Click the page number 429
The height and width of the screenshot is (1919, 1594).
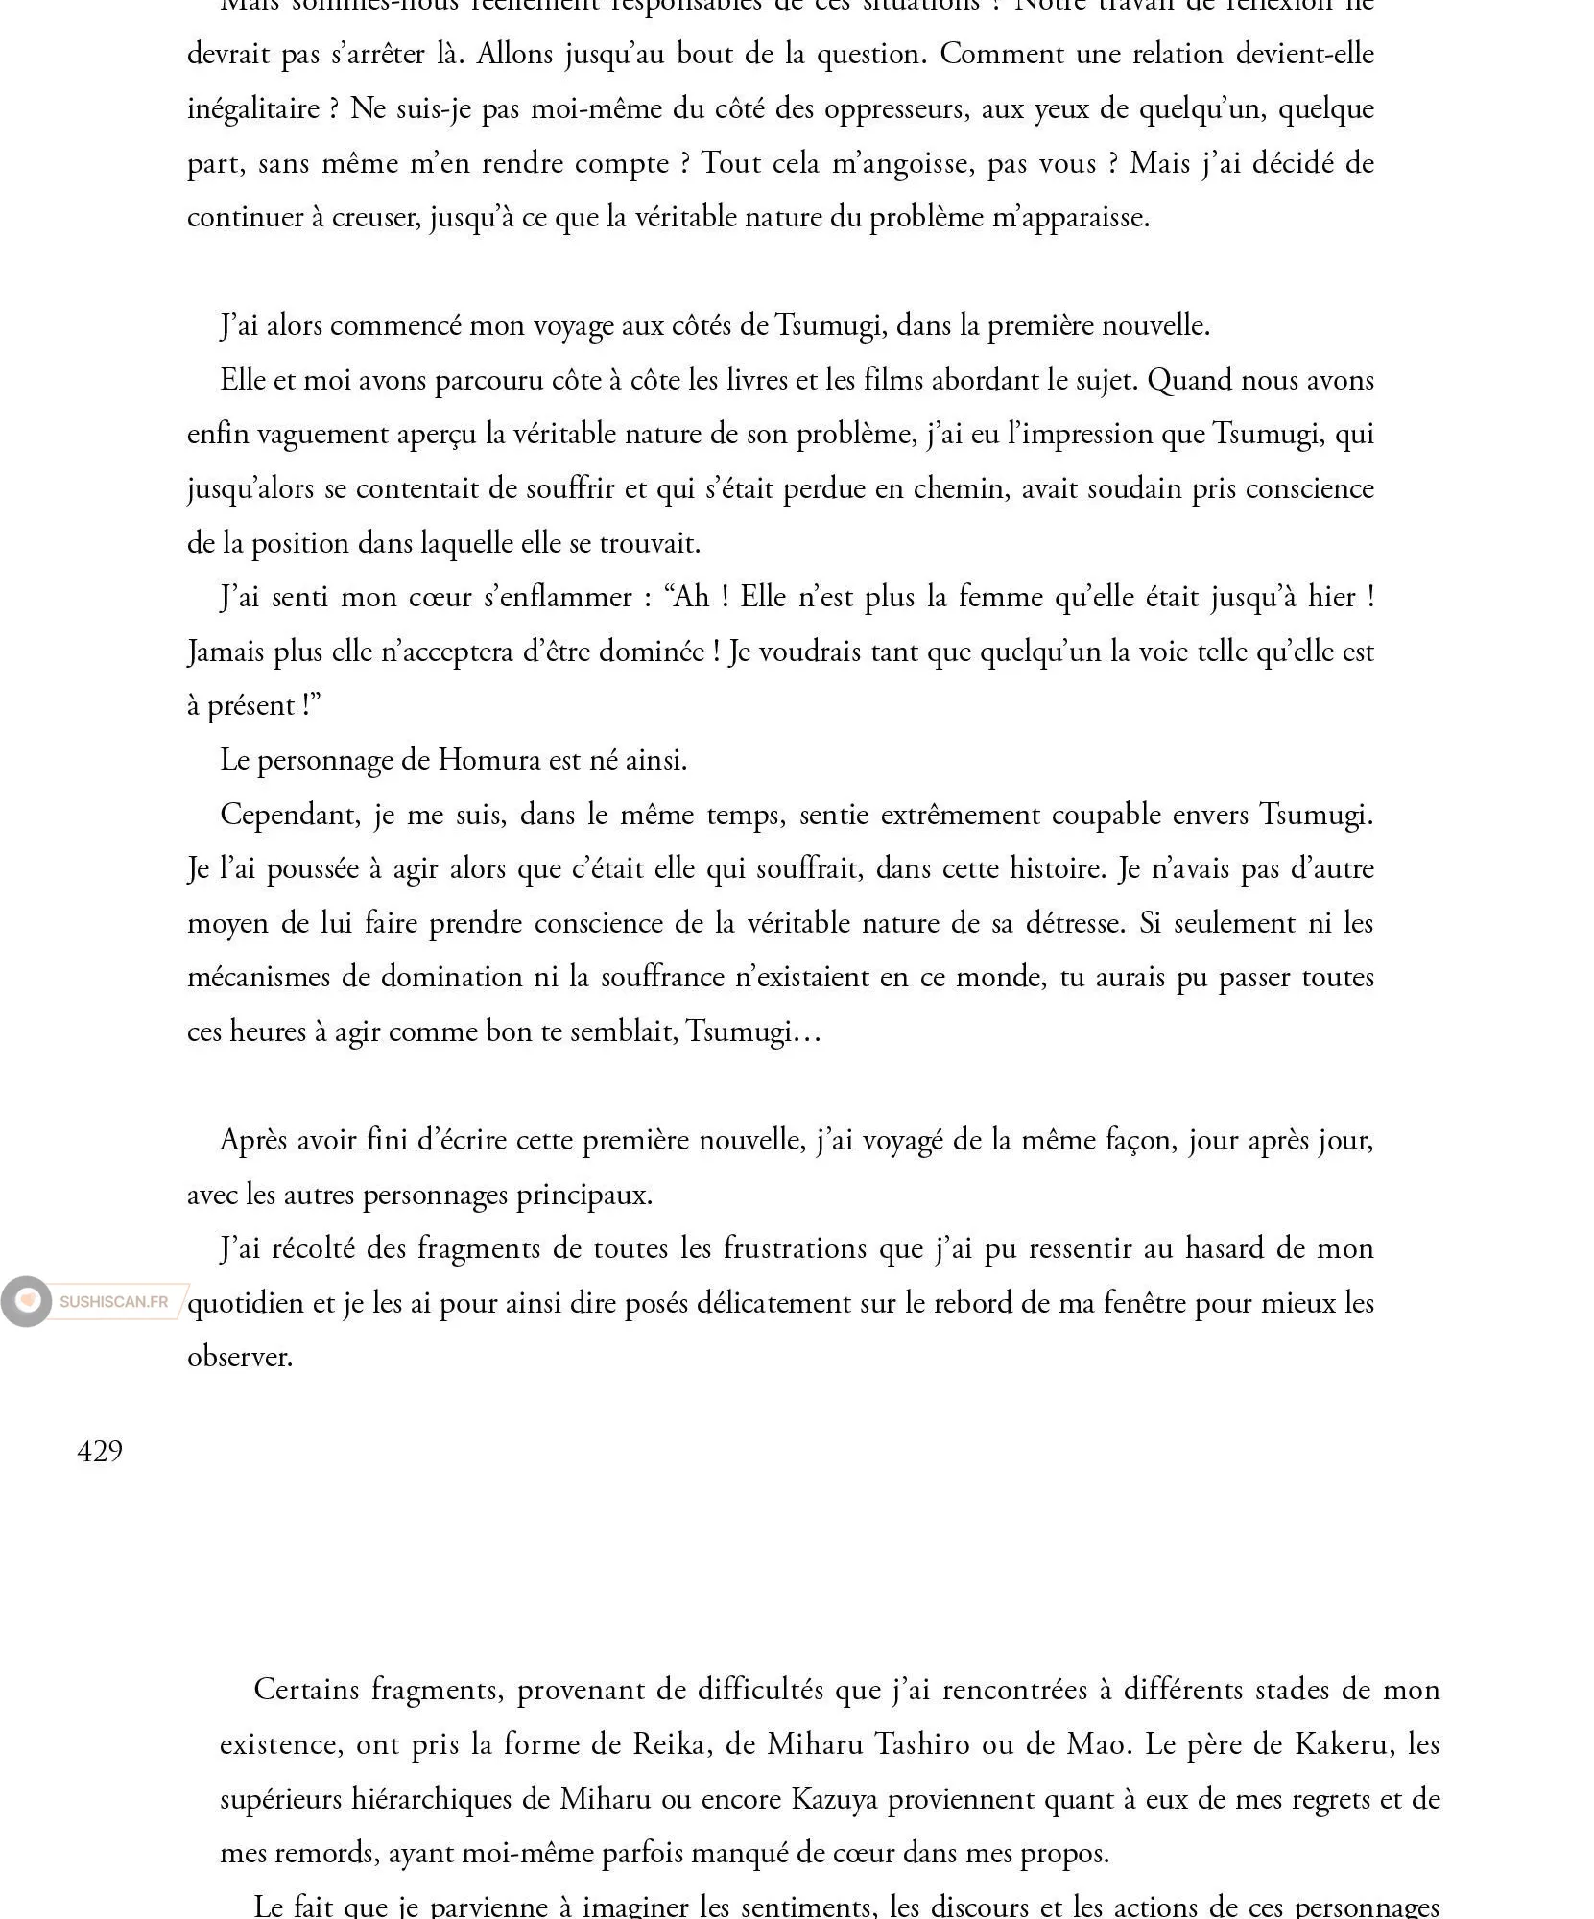point(100,1451)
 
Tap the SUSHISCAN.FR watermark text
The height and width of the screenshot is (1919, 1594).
point(113,1302)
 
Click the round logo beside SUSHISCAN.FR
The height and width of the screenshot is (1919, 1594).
point(27,1301)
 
